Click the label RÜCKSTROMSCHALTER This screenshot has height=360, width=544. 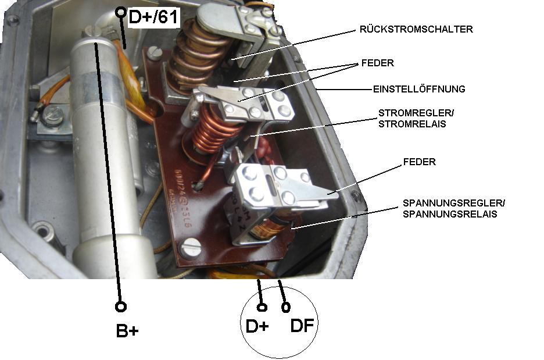(x=416, y=30)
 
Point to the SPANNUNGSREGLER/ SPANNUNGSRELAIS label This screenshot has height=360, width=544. (x=454, y=208)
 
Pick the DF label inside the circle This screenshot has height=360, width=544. (x=302, y=326)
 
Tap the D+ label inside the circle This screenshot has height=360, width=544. (x=257, y=326)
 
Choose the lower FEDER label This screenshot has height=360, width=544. (x=419, y=162)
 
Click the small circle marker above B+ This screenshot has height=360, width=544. (x=121, y=306)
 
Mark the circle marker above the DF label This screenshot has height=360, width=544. (x=285, y=306)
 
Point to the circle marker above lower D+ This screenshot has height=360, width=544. (x=262, y=306)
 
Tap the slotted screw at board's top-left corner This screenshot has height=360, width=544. (x=153, y=54)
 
